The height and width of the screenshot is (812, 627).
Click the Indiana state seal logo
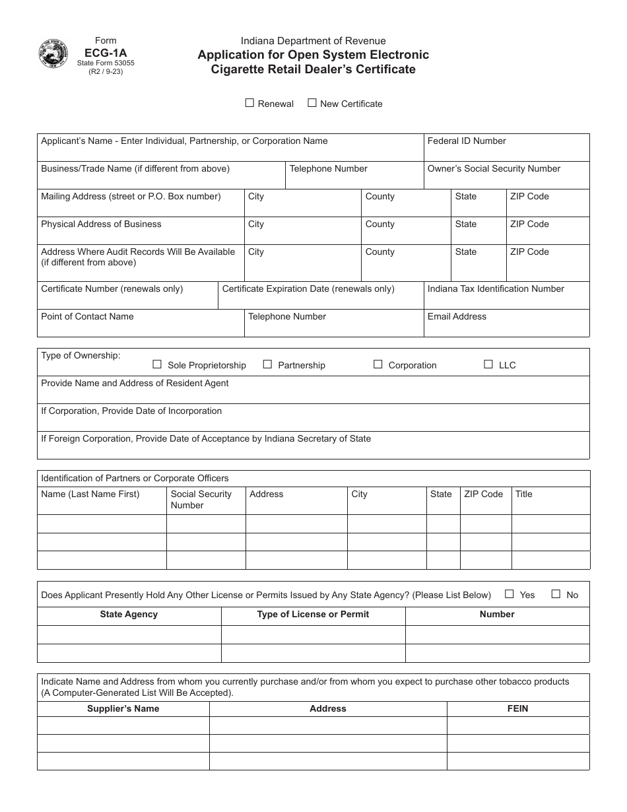(53, 54)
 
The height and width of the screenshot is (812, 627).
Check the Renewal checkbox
(249, 103)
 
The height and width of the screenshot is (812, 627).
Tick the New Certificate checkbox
(313, 103)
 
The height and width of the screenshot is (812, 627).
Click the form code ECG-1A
(106, 51)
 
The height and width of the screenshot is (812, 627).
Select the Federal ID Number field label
(467, 141)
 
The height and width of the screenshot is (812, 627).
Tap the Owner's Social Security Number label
(494, 168)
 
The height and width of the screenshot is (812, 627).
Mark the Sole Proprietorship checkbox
(157, 364)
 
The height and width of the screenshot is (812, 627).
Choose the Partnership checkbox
(267, 364)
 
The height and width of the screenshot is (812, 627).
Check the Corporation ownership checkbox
(378, 364)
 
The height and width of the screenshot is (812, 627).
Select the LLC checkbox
(488, 364)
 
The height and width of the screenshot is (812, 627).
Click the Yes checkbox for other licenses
(509, 594)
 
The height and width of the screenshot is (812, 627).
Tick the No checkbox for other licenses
(556, 594)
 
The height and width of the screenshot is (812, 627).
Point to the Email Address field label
(457, 316)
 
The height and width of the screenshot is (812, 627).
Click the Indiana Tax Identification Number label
(496, 288)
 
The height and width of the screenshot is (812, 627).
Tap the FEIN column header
(518, 708)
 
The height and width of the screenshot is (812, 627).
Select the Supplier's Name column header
(123, 708)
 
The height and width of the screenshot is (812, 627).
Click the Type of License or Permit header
(313, 614)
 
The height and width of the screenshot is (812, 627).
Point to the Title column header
(523, 494)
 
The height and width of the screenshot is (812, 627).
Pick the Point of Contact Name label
(87, 316)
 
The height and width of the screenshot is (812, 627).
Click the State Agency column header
(129, 614)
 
